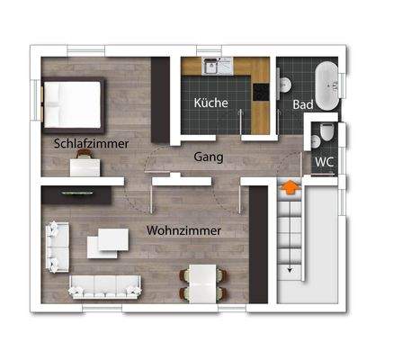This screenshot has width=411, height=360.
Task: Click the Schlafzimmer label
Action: click(91, 143)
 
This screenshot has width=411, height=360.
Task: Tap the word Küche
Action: click(211, 103)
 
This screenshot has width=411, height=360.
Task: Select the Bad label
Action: click(303, 104)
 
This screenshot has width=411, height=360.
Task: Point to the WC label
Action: click(325, 162)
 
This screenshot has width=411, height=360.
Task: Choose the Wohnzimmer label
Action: click(183, 230)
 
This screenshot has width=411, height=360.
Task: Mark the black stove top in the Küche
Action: click(261, 93)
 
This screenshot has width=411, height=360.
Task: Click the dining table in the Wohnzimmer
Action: click(201, 285)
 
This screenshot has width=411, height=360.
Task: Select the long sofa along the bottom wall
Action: click(106, 286)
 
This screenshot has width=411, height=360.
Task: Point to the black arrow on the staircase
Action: click(290, 267)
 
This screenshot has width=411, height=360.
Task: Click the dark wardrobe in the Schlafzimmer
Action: click(160, 99)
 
